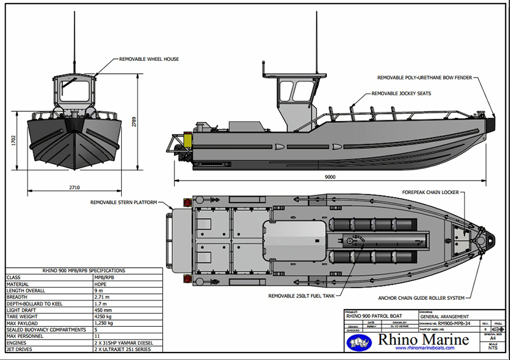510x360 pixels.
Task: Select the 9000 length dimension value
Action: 330,177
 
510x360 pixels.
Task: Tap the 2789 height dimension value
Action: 134,122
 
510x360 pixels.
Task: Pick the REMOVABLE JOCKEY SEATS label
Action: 401,94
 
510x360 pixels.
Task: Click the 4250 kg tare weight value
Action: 101,316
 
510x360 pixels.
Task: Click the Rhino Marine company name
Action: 424,340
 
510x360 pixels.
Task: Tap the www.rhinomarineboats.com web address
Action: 423,351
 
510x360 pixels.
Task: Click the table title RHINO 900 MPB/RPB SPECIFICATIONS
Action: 84,270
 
